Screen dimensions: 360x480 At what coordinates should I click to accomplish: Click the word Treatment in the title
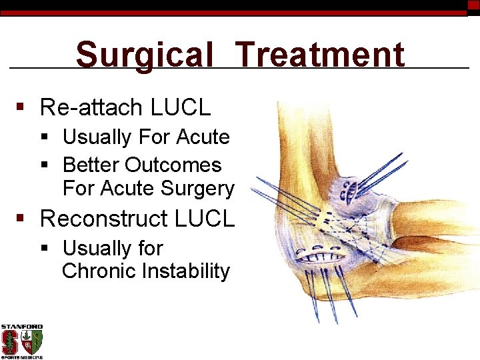click(320, 55)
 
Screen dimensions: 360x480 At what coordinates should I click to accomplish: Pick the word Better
click(91, 165)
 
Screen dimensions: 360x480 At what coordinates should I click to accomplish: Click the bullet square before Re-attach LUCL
click(21, 107)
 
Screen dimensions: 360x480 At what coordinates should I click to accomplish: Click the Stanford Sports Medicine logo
click(21, 341)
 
